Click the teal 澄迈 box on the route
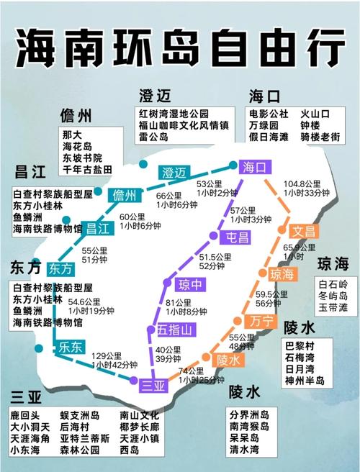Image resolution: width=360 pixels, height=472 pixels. pyautogui.click(x=174, y=173)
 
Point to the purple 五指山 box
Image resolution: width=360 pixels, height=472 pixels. pyautogui.click(x=175, y=330)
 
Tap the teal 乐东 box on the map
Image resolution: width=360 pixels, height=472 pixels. pyautogui.click(x=73, y=345)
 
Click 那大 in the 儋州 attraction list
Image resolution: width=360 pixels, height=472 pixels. pyautogui.click(x=71, y=135)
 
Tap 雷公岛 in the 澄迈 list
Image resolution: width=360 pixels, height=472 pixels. pyautogui.click(x=154, y=136)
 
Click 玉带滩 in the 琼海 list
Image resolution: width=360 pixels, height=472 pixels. pyautogui.click(x=333, y=307)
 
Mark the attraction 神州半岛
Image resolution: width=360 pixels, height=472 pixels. pyautogui.click(x=305, y=379)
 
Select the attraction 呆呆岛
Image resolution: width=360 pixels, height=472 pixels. pyautogui.click(x=248, y=438)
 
